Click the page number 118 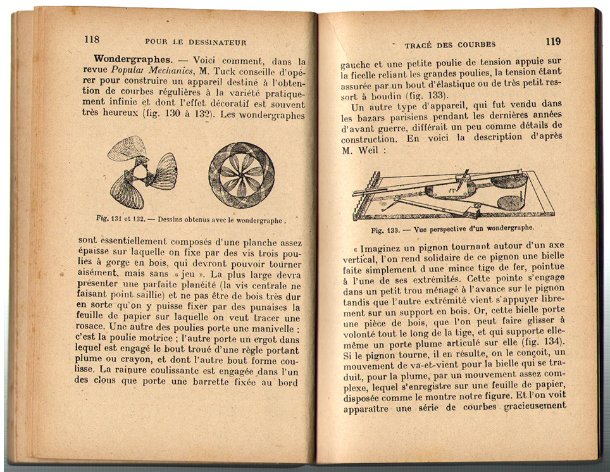point(92,39)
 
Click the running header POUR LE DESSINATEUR point(196,42)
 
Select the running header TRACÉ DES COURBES point(450,44)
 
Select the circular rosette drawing point(241,175)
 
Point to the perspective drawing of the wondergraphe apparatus point(453,193)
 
